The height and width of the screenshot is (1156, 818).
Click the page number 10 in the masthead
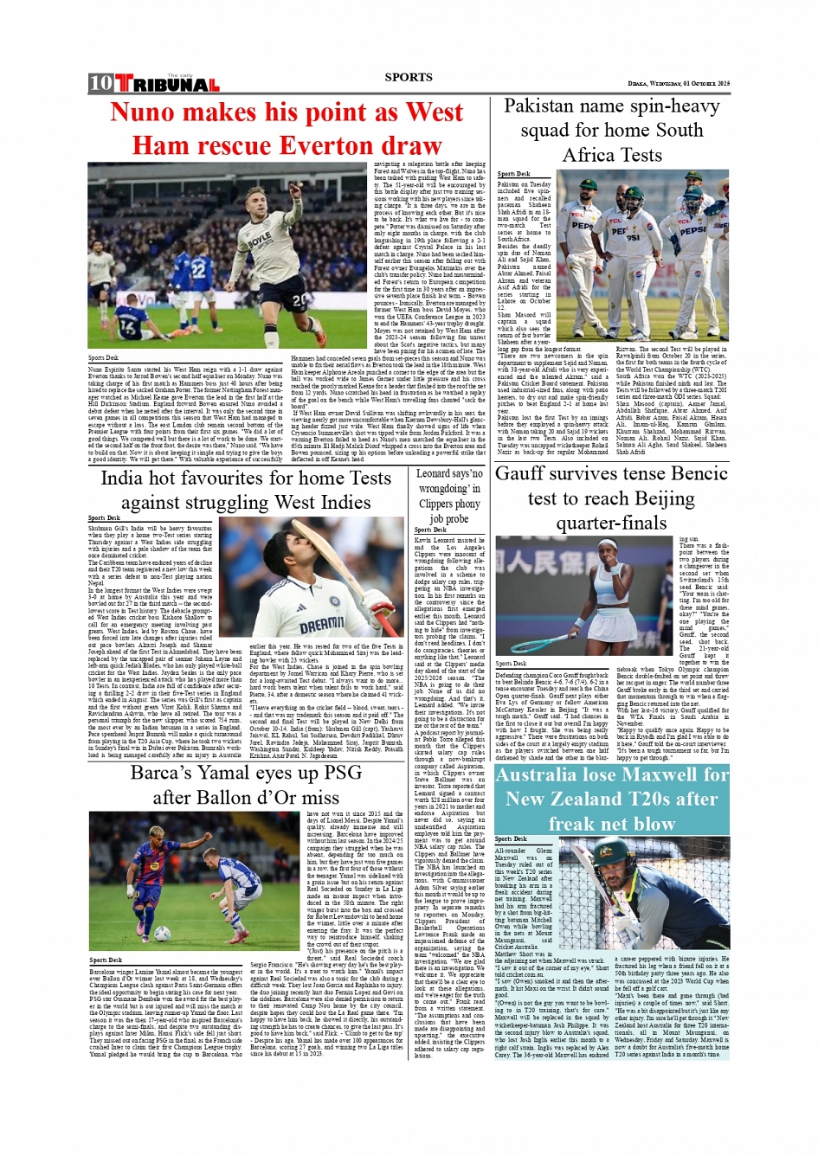pyautogui.click(x=100, y=83)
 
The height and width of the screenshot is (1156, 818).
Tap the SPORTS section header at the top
pyautogui.click(x=409, y=77)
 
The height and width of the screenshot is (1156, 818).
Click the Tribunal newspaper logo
pyautogui.click(x=167, y=84)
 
